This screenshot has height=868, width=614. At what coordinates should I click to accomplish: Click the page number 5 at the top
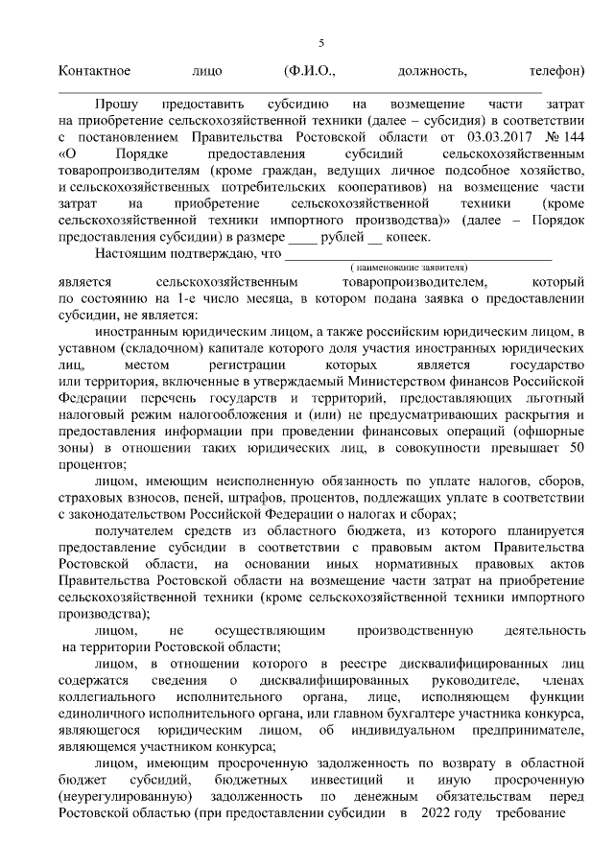[321, 42]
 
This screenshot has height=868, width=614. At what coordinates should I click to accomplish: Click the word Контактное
[94, 71]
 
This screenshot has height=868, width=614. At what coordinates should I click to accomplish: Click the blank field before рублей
[302, 239]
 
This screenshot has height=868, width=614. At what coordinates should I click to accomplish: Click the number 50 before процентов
[577, 450]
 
